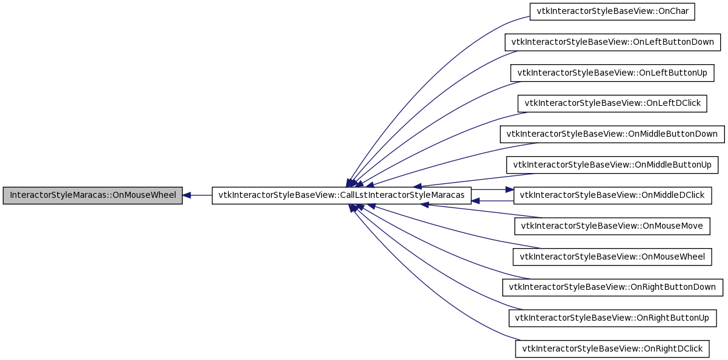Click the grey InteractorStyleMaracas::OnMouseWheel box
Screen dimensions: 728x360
point(93,195)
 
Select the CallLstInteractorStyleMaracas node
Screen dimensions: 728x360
point(341,195)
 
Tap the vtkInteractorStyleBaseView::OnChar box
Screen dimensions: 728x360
point(612,11)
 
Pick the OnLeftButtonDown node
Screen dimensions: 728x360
point(612,42)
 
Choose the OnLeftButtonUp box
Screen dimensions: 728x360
point(612,73)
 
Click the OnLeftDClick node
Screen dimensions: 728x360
point(612,103)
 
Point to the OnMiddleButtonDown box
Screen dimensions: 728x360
point(612,134)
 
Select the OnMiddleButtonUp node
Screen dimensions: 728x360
point(612,165)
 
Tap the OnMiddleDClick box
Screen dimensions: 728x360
point(612,195)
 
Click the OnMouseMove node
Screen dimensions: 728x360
point(612,226)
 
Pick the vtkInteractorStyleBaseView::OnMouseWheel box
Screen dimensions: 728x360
point(612,257)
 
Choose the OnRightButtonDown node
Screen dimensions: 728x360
point(612,287)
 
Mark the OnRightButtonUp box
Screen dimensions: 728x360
point(612,318)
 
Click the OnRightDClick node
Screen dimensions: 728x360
point(612,349)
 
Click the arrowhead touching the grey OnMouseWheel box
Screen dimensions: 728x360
point(186,195)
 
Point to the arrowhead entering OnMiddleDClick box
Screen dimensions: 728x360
point(510,190)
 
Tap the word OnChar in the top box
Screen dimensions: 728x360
point(674,11)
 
